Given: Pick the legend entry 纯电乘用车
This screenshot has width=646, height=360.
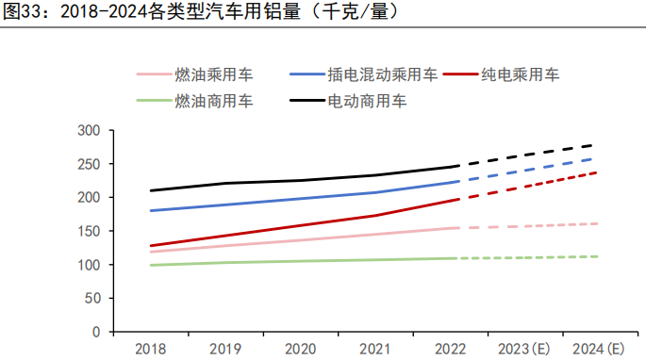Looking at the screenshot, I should [x=520, y=74].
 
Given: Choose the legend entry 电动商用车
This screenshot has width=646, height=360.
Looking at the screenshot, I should [x=367, y=100].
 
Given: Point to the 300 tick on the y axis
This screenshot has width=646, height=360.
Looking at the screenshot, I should [x=89, y=130].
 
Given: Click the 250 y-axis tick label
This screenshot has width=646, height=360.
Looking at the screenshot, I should [x=89, y=164].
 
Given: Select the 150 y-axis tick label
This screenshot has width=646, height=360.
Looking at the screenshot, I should [x=89, y=231].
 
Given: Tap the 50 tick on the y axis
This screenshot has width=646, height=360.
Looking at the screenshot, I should [x=92, y=299].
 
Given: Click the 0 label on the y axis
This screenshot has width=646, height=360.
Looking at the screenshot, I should [x=96, y=333].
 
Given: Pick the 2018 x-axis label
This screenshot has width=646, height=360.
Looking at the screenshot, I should [x=150, y=349].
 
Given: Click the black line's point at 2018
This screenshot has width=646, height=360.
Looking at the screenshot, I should [x=150, y=190].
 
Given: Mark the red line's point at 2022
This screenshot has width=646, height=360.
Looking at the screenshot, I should [x=456, y=200].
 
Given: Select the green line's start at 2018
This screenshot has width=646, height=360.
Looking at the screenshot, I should [x=150, y=265].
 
